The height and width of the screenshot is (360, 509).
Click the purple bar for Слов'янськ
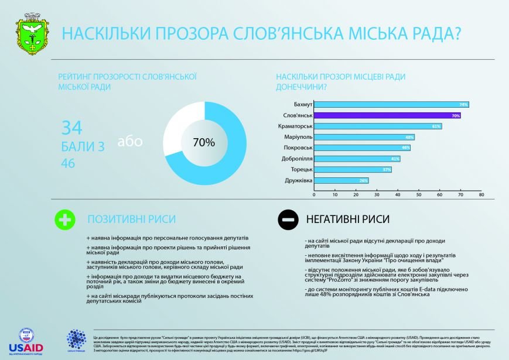click(x=387, y=115)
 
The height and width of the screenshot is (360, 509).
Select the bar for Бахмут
click(x=391, y=104)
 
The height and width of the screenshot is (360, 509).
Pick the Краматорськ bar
click(x=378, y=126)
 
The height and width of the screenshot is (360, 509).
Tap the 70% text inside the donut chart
click(x=204, y=142)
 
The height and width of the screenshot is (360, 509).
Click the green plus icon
click(x=64, y=220)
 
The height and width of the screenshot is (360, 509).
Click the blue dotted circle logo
click(x=76, y=340)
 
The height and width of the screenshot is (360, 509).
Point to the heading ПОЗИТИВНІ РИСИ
click(x=131, y=219)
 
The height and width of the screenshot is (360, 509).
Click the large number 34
click(x=72, y=127)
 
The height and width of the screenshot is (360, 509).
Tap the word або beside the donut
click(x=130, y=142)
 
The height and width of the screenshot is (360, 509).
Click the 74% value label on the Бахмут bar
click(x=463, y=104)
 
